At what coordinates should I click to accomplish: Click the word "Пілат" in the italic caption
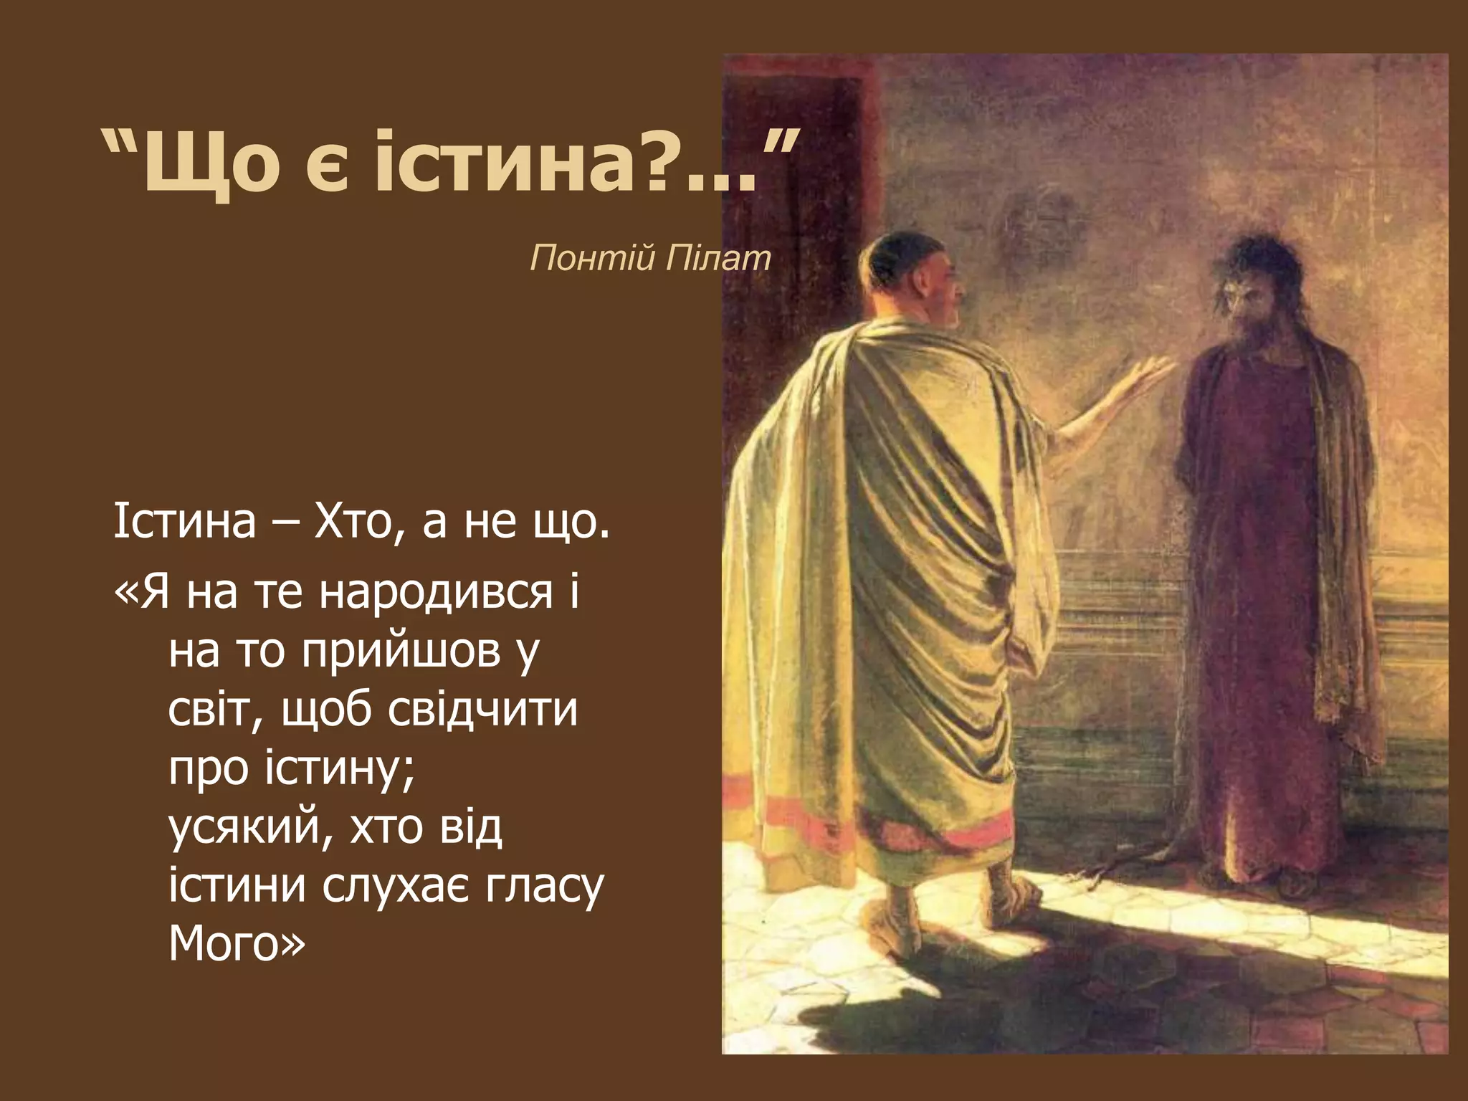[x=718, y=257]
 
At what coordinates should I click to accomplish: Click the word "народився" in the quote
[x=437, y=594]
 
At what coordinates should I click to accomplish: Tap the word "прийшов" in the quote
[x=401, y=652]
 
